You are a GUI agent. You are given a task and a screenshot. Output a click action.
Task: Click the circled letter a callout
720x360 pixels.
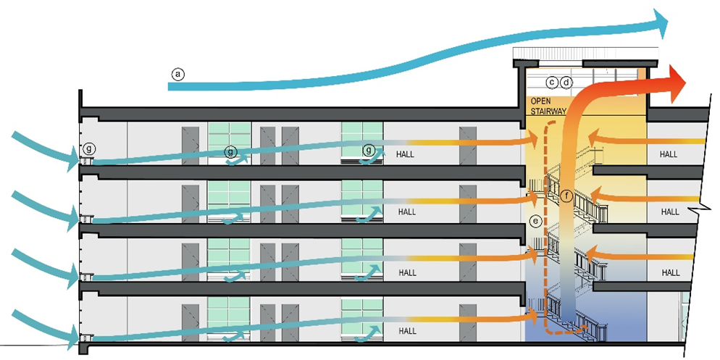pyautogui.click(x=178, y=73)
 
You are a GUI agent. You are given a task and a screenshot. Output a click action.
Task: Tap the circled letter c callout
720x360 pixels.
pyautogui.click(x=552, y=83)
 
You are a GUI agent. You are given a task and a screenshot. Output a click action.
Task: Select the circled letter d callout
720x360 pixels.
pyautogui.click(x=566, y=83)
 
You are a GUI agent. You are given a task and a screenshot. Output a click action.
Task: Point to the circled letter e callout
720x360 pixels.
pyautogui.click(x=536, y=221)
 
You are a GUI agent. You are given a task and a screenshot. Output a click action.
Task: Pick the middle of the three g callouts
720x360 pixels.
pyautogui.click(x=230, y=151)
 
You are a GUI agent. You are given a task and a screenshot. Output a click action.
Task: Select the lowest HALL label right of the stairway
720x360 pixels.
pyautogui.click(x=670, y=272)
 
